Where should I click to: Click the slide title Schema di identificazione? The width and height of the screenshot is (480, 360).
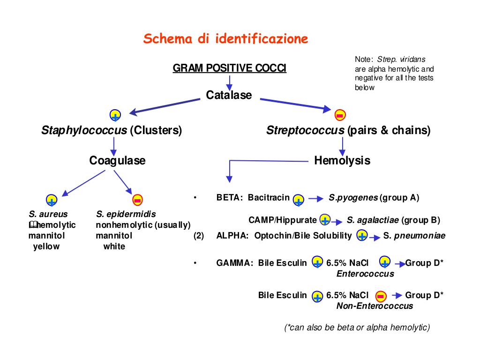[225, 38]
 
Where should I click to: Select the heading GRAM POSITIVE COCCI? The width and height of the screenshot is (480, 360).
[229, 68]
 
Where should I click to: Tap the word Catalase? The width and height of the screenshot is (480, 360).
[229, 95]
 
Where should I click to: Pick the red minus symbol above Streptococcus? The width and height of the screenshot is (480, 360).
[340, 114]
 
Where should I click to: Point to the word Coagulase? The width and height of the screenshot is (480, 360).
[117, 161]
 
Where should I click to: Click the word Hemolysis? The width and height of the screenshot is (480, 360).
[342, 161]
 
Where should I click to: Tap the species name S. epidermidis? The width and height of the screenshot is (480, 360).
[126, 214]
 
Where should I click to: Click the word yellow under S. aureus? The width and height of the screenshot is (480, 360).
[46, 246]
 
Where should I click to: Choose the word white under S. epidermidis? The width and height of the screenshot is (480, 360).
[114, 246]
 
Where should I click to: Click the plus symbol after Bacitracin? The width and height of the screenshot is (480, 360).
[298, 201]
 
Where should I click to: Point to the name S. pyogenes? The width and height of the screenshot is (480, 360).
[353, 197]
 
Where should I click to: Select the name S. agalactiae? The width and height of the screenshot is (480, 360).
[373, 220]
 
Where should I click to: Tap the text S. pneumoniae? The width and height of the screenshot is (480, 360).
[414, 236]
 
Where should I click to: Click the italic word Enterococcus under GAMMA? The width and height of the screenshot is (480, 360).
[365, 274]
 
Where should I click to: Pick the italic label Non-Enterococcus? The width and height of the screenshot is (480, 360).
[375, 306]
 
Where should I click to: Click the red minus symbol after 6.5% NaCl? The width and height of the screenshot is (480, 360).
[381, 296]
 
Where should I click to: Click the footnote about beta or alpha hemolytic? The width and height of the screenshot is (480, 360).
[357, 327]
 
